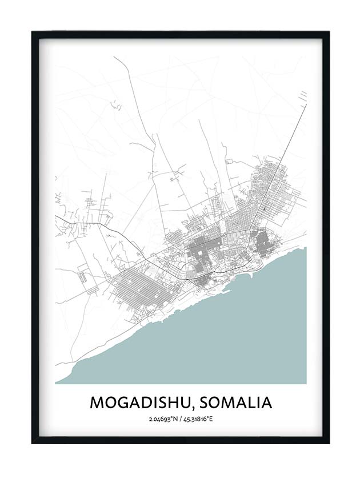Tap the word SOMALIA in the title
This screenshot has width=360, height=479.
(x=234, y=402)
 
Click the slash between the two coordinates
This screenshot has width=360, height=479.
(x=181, y=420)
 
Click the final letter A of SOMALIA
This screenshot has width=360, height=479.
(x=266, y=402)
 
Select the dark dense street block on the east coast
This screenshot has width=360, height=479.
(x=264, y=243)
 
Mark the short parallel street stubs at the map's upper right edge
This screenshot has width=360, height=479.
(x=303, y=94)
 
